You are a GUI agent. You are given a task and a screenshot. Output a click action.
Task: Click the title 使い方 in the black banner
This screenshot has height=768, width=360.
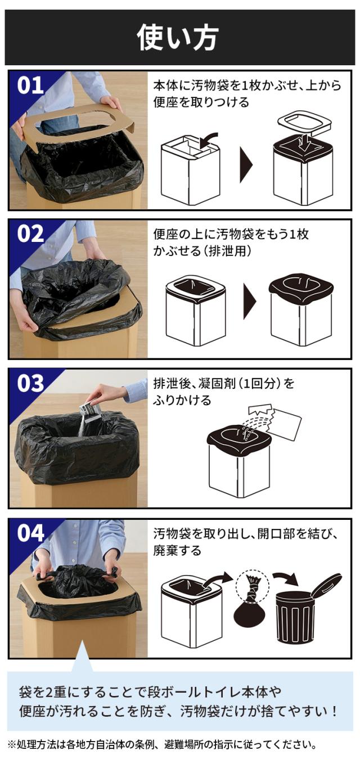click(178, 38)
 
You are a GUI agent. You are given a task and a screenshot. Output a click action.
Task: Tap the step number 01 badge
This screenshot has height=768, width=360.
click(30, 86)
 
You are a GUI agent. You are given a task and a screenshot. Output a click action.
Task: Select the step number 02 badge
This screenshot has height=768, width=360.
click(30, 234)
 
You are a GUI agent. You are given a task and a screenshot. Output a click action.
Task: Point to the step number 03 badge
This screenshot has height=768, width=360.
click(30, 383)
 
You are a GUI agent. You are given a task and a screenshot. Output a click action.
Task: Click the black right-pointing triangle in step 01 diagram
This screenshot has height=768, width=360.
click(246, 165)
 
